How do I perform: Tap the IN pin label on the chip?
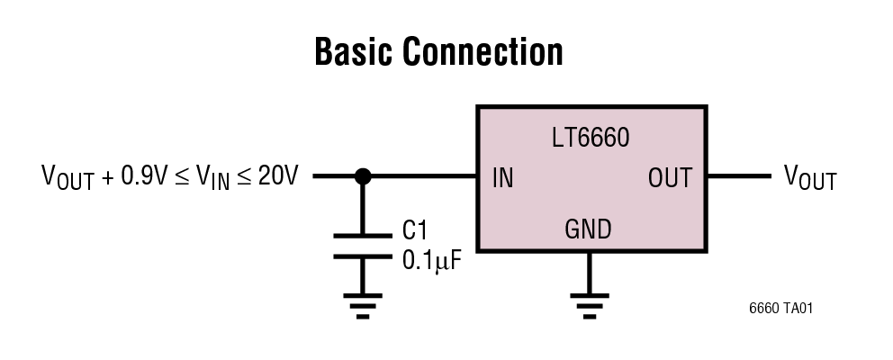[x=503, y=178]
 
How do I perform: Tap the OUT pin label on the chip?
[x=670, y=178]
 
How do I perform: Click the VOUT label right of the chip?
[x=810, y=178]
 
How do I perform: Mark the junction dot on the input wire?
[x=363, y=177]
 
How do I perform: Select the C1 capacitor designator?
[x=415, y=229]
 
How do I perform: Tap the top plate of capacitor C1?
[x=363, y=236]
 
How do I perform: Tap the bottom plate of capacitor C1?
[x=363, y=256]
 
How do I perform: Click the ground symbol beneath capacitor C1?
[x=363, y=306]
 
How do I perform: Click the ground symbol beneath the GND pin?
[x=590, y=306]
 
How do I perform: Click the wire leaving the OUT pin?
[x=737, y=177]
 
